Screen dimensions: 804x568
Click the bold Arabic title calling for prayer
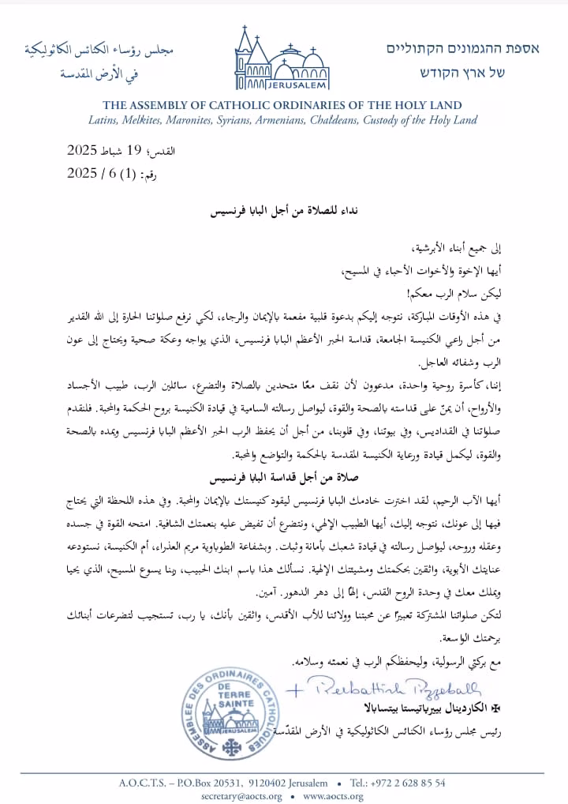click(283, 213)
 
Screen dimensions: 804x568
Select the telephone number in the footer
click(409, 783)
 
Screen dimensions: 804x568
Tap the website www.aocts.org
click(333, 796)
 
